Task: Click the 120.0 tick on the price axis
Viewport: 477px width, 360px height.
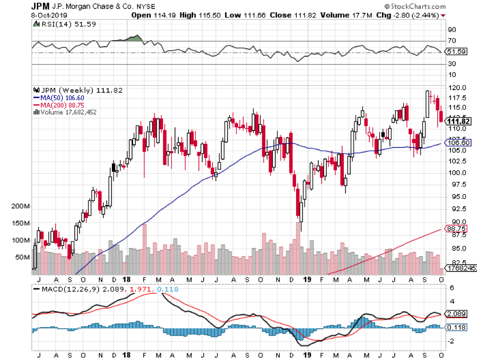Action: (457, 87)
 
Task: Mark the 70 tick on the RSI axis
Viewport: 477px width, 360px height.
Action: (452, 41)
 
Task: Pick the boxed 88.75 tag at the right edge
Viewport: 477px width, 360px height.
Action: (457, 229)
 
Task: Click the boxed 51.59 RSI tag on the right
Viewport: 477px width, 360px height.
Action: (457, 51)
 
